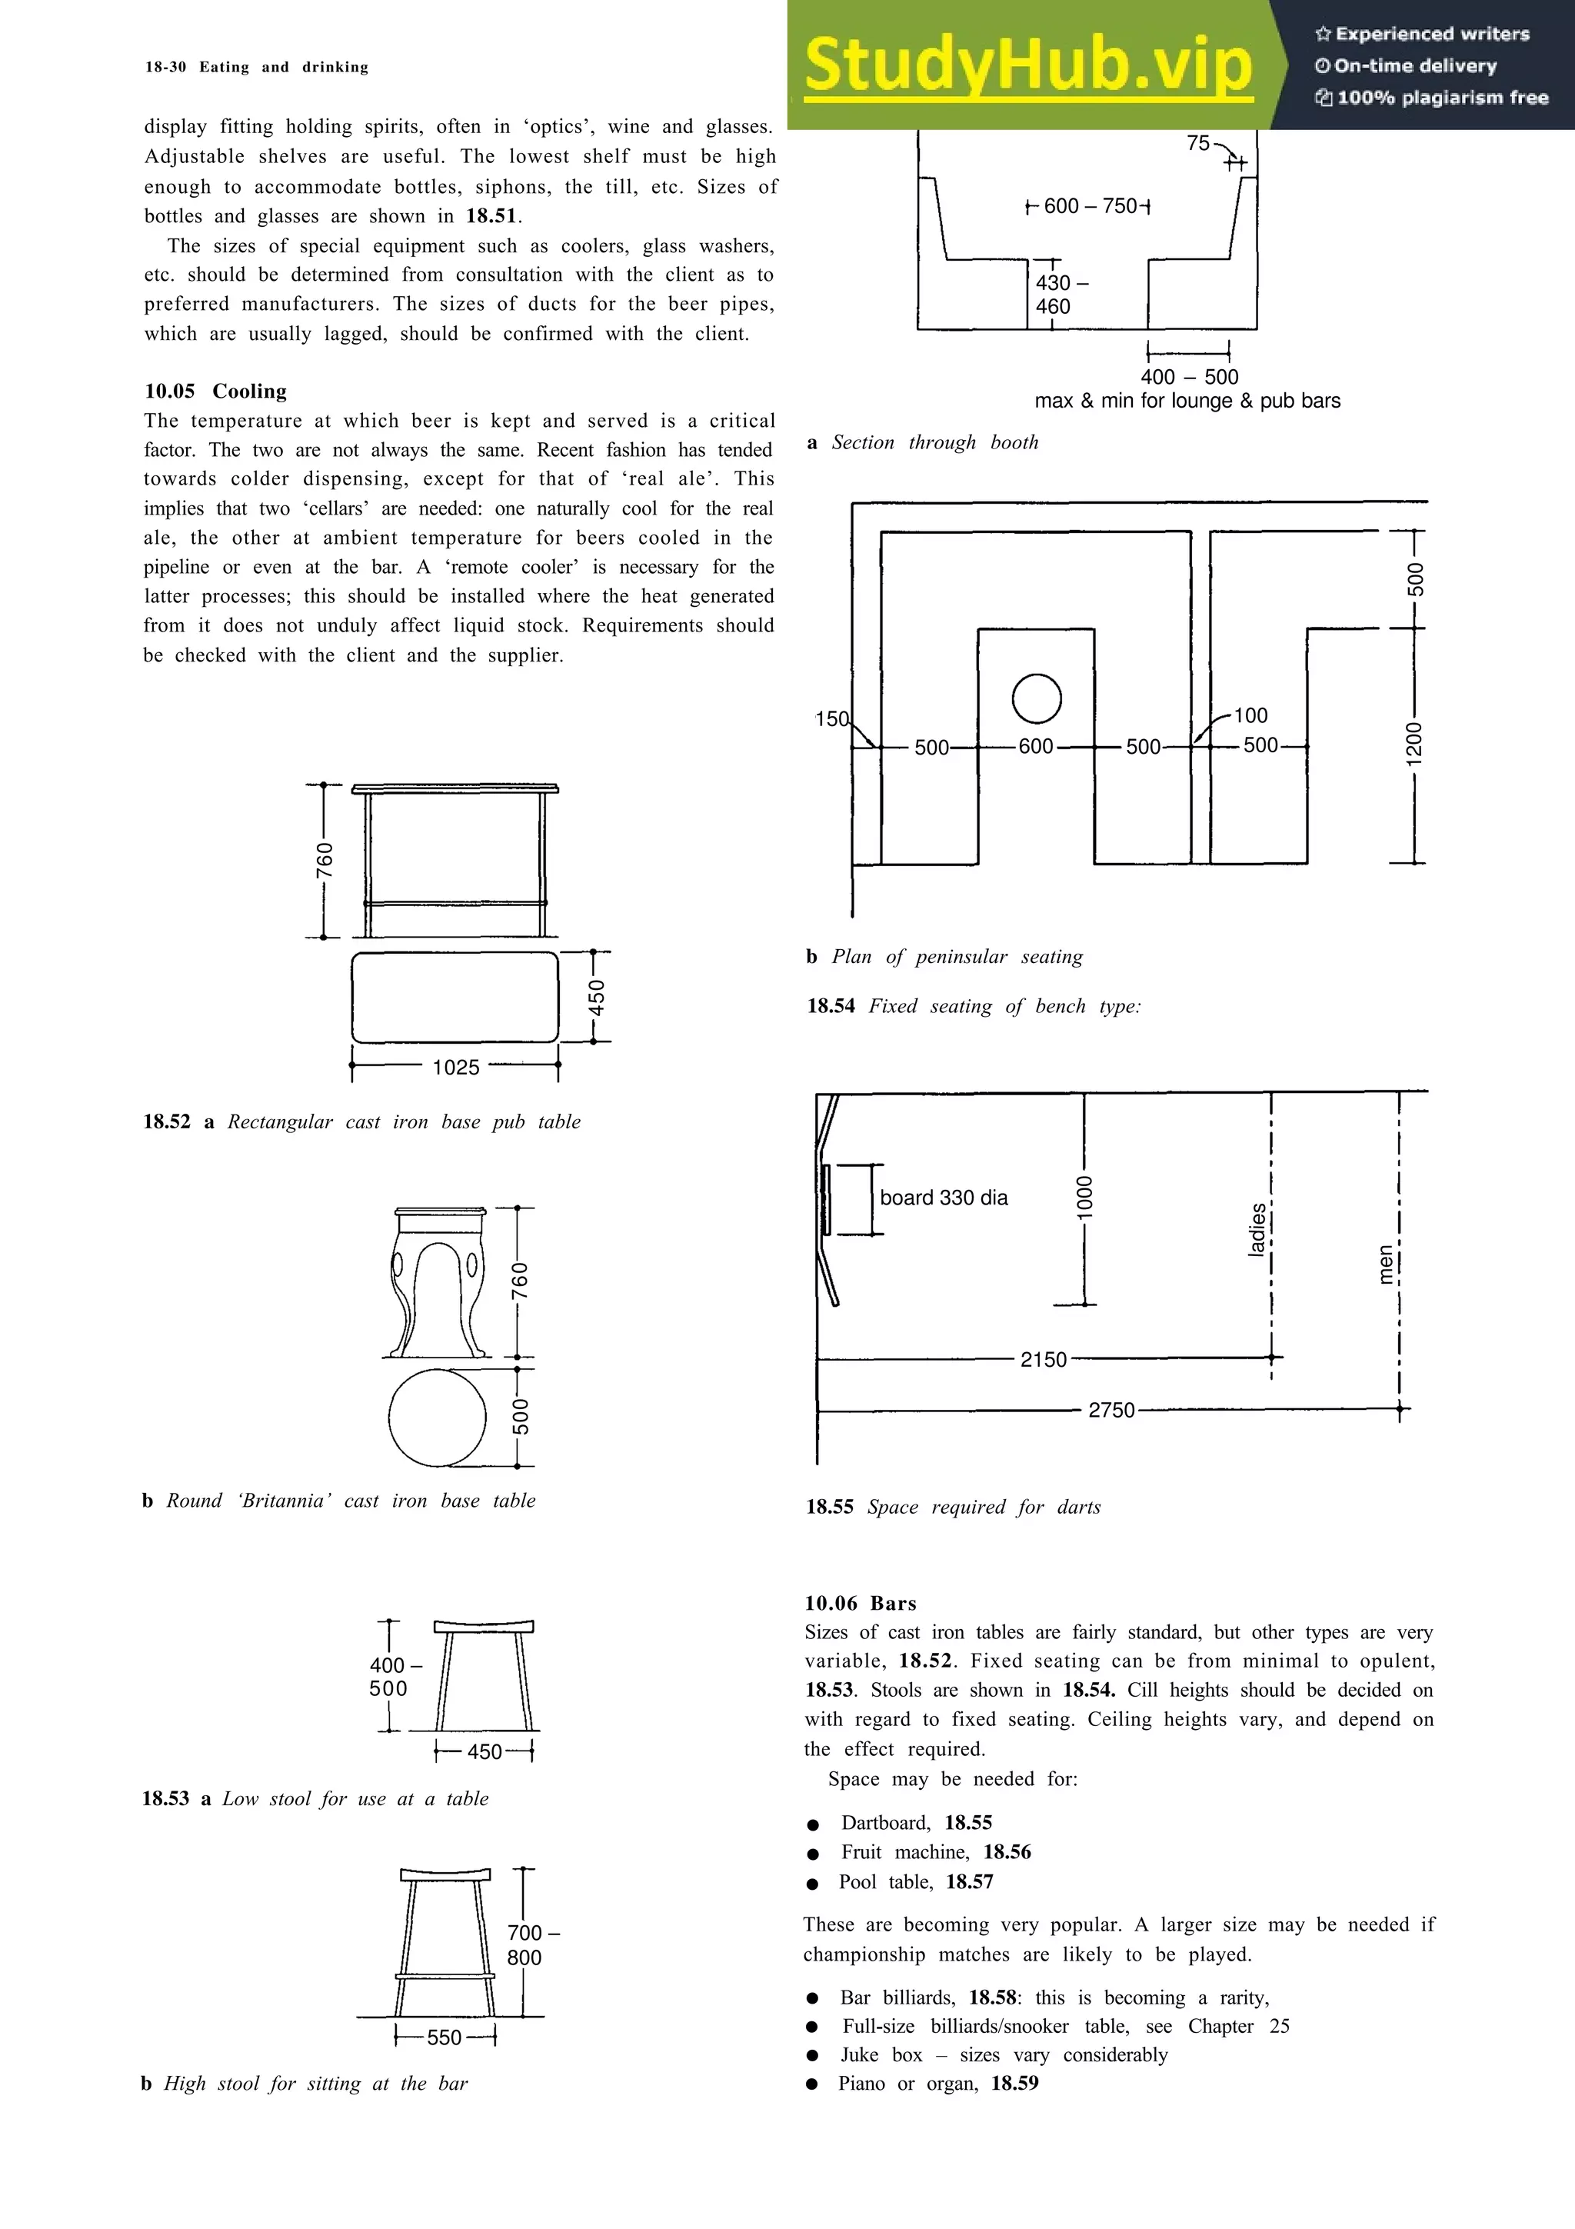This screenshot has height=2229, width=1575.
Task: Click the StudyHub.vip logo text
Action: (x=1029, y=66)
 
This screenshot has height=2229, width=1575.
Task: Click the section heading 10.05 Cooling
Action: (x=215, y=391)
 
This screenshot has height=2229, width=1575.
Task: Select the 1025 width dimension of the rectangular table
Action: (x=455, y=1068)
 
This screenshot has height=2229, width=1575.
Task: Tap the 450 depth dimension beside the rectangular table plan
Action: (x=598, y=997)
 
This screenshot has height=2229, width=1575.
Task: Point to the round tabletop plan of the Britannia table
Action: (x=437, y=1418)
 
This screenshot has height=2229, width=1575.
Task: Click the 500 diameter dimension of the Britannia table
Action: (x=521, y=1417)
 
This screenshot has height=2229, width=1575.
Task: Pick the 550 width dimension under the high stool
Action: (x=445, y=2037)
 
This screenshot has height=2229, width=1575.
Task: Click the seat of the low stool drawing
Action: (x=483, y=1627)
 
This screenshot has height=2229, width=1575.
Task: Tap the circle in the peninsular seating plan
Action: (x=1037, y=698)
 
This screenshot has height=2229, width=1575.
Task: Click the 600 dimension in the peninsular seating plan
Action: (x=1035, y=747)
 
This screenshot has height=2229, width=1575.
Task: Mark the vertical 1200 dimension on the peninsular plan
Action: (x=1414, y=744)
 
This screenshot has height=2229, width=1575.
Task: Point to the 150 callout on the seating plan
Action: (x=831, y=719)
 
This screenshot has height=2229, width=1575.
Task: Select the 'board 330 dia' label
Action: (x=944, y=1198)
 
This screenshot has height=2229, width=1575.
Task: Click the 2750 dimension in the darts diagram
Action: (x=1111, y=1410)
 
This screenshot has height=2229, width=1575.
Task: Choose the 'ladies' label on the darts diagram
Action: (x=1257, y=1229)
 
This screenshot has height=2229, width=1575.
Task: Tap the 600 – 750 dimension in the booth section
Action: (x=1090, y=206)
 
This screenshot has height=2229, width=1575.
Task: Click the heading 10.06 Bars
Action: (x=860, y=1604)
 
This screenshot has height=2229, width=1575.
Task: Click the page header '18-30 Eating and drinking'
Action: (x=256, y=67)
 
